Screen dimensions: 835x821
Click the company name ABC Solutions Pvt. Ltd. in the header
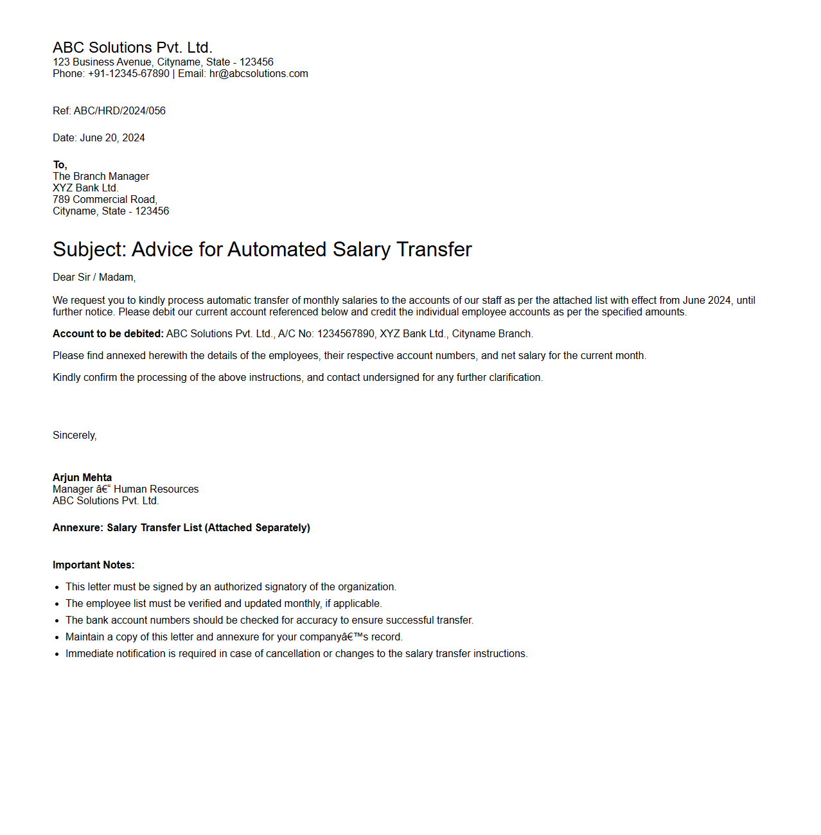coord(132,48)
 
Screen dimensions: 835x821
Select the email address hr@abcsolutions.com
coord(258,74)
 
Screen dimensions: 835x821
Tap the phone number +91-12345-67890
coord(128,74)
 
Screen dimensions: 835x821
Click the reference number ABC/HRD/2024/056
coord(119,111)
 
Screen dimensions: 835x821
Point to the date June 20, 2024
coord(112,138)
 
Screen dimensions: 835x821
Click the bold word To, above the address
coord(60,165)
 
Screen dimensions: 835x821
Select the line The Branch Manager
coord(101,177)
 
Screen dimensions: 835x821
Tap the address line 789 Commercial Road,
coord(105,200)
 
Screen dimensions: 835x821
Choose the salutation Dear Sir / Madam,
coord(94,277)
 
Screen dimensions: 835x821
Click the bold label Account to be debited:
coord(108,334)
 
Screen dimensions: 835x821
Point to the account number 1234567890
coord(346,334)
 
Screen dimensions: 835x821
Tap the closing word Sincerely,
coord(75,435)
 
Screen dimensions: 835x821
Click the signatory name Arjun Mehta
coord(82,478)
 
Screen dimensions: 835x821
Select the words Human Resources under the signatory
coord(156,489)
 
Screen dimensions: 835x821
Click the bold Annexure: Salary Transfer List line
coord(181,528)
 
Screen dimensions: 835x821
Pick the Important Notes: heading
coord(93,565)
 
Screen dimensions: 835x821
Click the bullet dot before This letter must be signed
coord(57,587)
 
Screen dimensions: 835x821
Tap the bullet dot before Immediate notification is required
coord(57,654)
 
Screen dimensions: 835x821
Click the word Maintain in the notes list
coord(85,637)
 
